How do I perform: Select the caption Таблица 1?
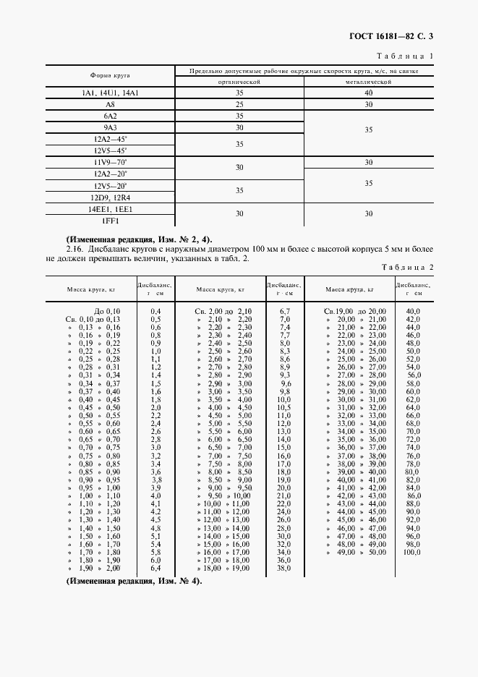click(x=406, y=56)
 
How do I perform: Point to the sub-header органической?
click(x=239, y=82)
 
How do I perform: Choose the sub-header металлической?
click(x=368, y=82)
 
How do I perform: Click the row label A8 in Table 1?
click(x=111, y=104)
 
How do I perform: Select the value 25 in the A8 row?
click(x=239, y=104)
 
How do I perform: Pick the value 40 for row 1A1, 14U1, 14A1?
click(x=368, y=93)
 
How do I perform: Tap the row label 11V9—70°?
click(x=111, y=162)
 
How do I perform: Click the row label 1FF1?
click(x=111, y=220)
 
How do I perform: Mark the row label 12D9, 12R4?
click(x=111, y=197)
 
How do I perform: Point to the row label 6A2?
click(x=111, y=116)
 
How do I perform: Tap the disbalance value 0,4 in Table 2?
click(x=155, y=310)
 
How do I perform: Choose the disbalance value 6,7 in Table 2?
click(x=284, y=310)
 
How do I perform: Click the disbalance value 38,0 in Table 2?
click(x=284, y=569)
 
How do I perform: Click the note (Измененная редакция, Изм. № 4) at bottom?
click(x=134, y=582)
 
